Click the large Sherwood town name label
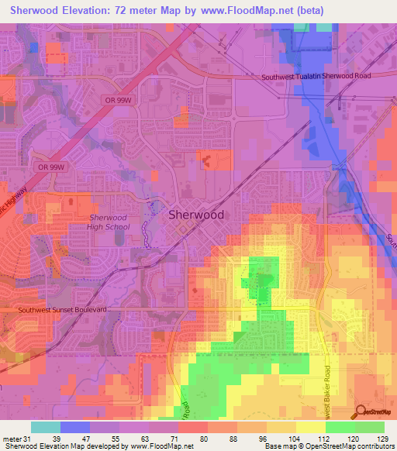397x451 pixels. pos(196,215)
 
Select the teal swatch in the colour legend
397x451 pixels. pos(46,427)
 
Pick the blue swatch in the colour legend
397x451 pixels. pos(75,427)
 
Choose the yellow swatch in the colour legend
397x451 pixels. pos(311,427)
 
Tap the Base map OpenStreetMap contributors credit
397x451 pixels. pos(329,446)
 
